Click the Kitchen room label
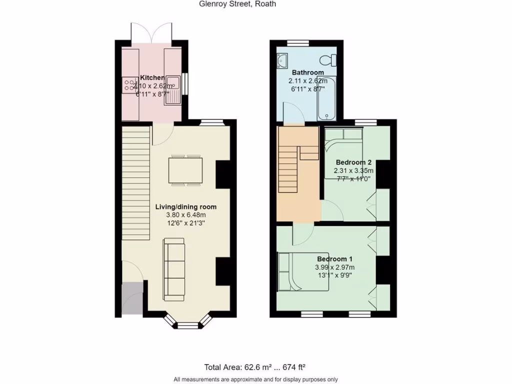tap(152, 77)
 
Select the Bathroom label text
tap(308, 72)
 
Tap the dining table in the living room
tap(186, 170)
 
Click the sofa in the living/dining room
tap(173, 269)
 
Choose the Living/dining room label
tap(185, 206)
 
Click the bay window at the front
tap(188, 324)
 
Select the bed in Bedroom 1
tap(303, 271)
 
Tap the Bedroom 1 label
tap(334, 259)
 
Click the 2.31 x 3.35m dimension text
tap(353, 170)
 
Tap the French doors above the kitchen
tap(151, 33)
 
